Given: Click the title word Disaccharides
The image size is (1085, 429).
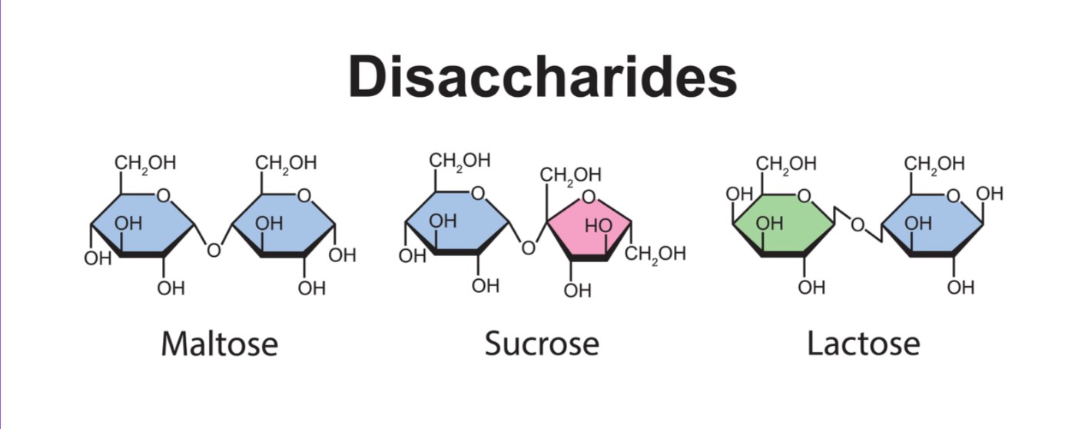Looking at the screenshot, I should (x=542, y=77).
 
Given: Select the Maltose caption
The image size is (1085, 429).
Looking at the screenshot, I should (x=219, y=344).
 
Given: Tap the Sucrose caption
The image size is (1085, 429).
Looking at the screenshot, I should (x=542, y=344).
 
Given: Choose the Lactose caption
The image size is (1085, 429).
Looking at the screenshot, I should (x=863, y=344).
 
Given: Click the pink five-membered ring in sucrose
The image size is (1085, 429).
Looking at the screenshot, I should (x=588, y=231).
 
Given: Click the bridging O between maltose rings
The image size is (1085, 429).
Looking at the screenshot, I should (x=214, y=251).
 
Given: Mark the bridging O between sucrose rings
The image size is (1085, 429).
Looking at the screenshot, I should (x=528, y=248).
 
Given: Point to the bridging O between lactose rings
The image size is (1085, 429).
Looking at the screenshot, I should (x=858, y=225).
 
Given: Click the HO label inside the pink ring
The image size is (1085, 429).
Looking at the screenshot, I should (x=599, y=226).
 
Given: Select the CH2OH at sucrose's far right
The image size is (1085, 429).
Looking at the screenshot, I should (x=655, y=254).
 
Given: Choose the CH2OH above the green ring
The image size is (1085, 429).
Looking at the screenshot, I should (x=786, y=164).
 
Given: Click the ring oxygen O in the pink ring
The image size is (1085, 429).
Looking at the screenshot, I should (x=589, y=198).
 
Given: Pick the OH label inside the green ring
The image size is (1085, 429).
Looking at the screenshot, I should (x=769, y=224).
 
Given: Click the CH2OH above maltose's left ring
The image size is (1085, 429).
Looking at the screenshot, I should (x=145, y=164).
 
